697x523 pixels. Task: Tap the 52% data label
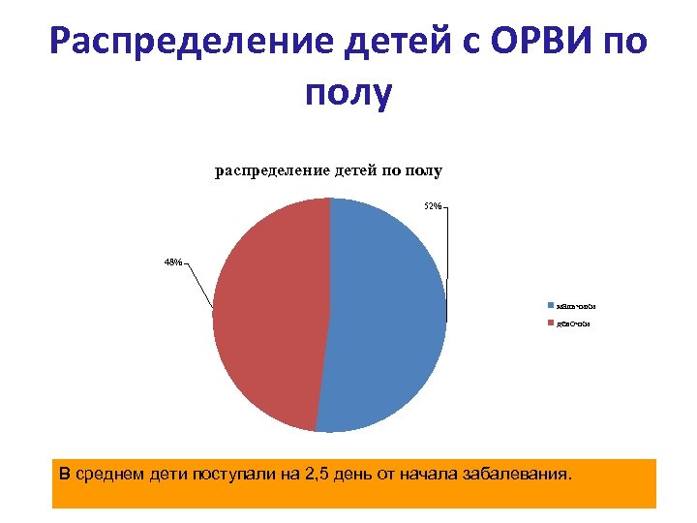point(433,206)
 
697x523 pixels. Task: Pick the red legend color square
point(550,323)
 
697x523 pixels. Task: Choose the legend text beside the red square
point(571,323)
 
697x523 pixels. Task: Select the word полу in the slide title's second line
point(348,94)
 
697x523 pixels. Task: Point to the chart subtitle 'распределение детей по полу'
point(328,170)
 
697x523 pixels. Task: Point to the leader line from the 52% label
point(447,261)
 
